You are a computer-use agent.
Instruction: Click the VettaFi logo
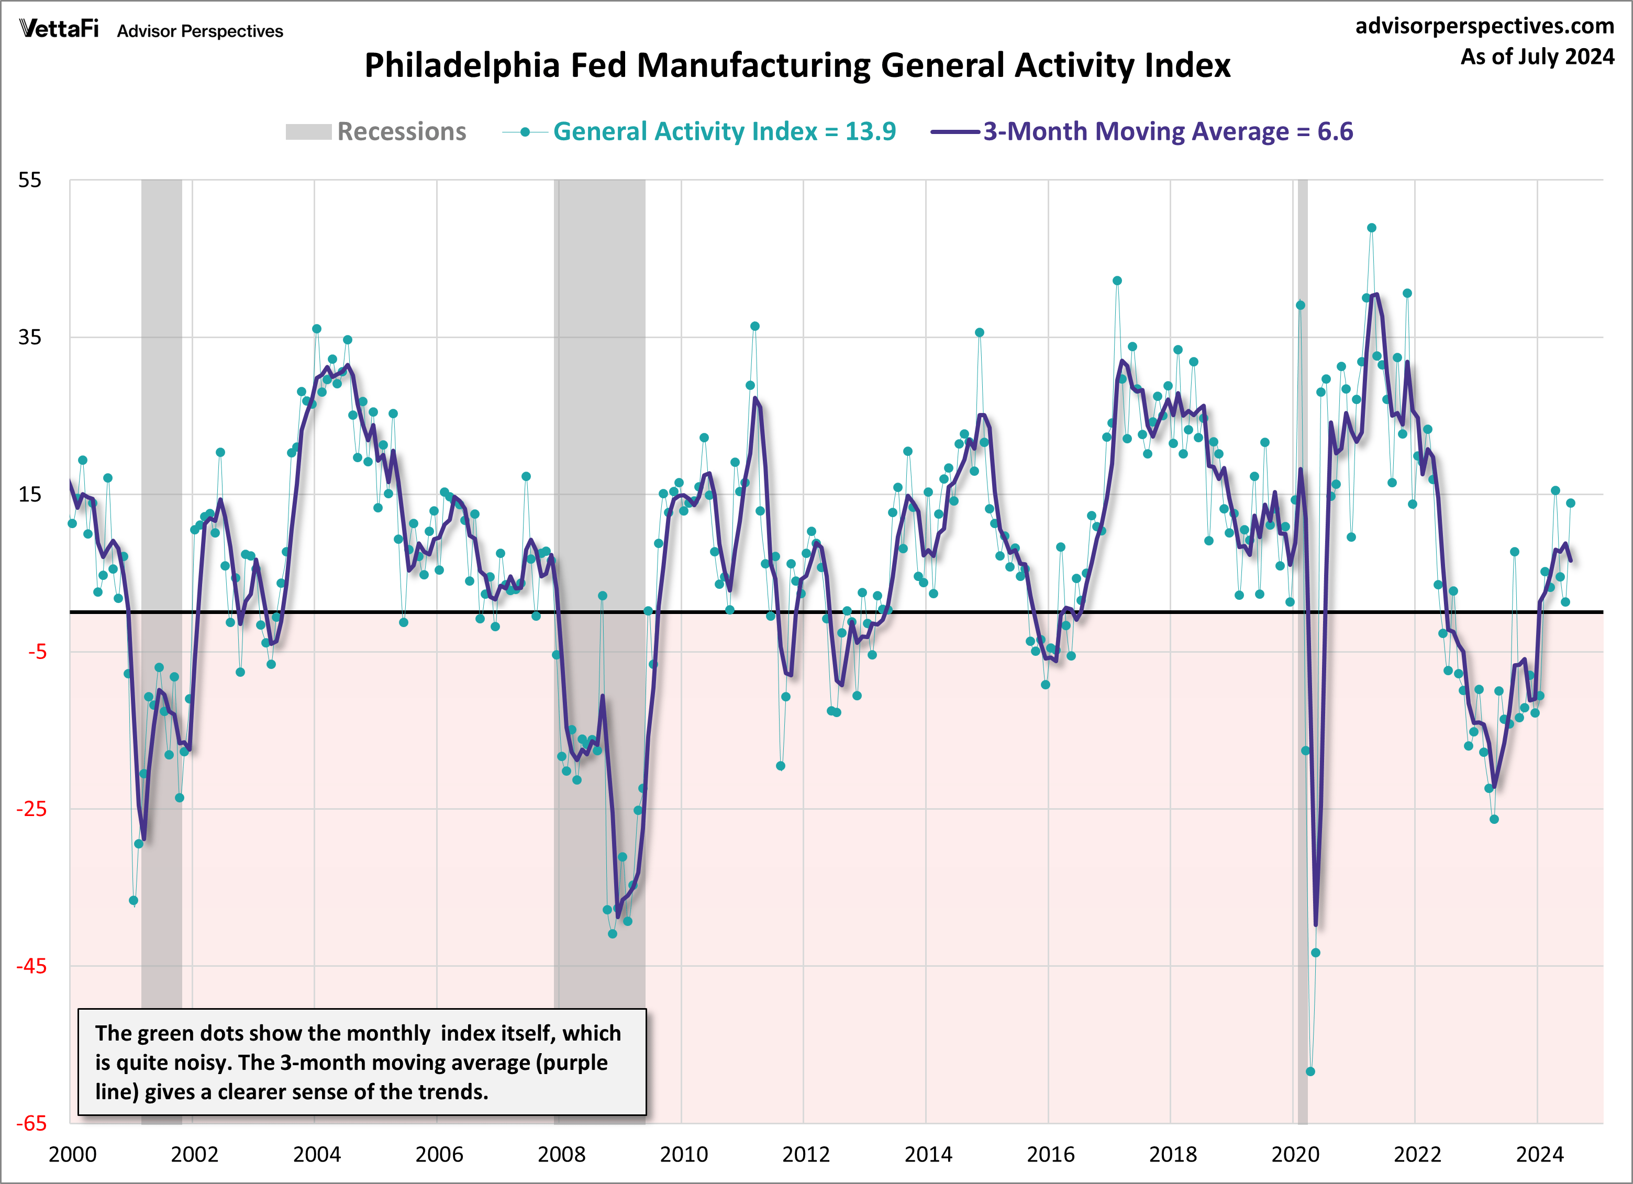(59, 29)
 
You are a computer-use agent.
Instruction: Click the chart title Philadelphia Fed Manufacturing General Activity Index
(797, 65)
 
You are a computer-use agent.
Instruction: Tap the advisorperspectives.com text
(1484, 26)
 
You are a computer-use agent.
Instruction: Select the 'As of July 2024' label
(1537, 57)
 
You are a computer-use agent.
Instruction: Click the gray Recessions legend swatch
(308, 132)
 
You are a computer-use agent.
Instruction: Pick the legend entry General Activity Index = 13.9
(724, 132)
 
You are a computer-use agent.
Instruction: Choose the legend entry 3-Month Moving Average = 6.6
(1167, 132)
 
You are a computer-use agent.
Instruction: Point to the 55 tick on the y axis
(30, 180)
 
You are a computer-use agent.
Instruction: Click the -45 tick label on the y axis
(32, 966)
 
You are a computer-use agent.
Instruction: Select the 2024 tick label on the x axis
(1539, 1155)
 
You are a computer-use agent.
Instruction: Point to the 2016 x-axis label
(1050, 1155)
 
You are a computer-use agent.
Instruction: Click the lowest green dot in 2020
(1310, 1071)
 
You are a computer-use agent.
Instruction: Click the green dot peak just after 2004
(317, 329)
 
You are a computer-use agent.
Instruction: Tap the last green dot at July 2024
(1570, 503)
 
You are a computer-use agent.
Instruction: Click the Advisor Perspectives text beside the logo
(200, 31)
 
